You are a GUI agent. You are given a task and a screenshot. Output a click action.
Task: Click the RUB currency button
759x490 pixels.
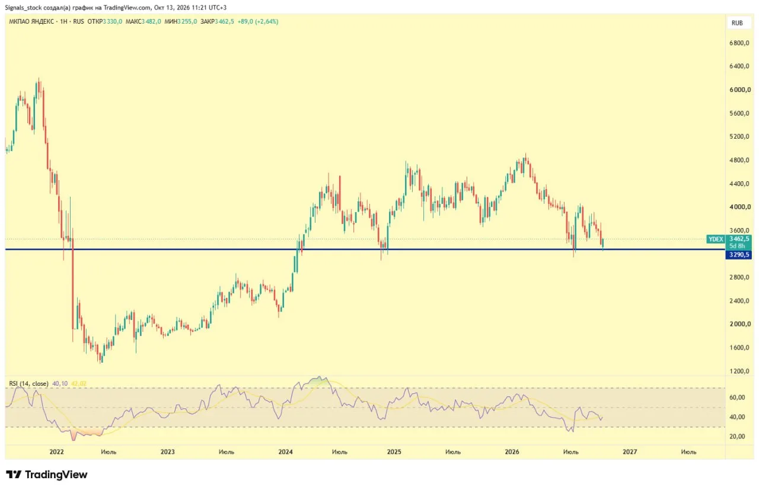(x=737, y=23)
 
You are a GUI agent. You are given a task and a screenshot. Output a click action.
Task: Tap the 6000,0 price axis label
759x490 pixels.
(x=739, y=89)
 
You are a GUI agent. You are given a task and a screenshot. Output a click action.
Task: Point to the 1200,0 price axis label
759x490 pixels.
(x=739, y=371)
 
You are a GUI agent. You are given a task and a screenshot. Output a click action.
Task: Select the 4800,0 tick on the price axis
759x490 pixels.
(x=739, y=160)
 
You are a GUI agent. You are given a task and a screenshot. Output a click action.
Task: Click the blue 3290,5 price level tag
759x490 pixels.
(x=739, y=255)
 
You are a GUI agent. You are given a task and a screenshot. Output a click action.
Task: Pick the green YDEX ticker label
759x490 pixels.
(x=716, y=239)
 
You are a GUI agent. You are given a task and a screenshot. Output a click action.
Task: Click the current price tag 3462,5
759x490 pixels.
(x=739, y=239)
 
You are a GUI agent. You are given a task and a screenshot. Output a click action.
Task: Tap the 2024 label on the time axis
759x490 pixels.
(x=285, y=451)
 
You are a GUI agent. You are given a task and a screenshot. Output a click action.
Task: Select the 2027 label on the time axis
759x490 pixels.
(x=630, y=451)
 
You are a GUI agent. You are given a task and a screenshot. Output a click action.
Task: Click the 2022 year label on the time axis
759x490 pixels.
(x=56, y=451)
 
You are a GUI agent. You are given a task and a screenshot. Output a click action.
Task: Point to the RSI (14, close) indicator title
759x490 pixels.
(x=28, y=384)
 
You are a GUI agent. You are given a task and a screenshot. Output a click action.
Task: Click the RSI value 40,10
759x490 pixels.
(x=60, y=384)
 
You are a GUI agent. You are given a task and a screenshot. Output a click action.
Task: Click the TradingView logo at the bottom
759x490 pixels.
(x=47, y=475)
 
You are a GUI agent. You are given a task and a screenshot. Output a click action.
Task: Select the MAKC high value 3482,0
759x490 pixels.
(x=151, y=22)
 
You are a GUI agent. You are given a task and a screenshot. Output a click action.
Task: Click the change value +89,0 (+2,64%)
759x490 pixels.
(x=258, y=22)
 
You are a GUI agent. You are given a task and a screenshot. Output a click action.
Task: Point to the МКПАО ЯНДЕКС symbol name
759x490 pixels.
(x=31, y=22)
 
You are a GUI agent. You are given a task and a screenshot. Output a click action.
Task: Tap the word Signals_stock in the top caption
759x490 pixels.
(x=23, y=8)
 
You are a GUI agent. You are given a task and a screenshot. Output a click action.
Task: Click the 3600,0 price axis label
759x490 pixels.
(x=739, y=230)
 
